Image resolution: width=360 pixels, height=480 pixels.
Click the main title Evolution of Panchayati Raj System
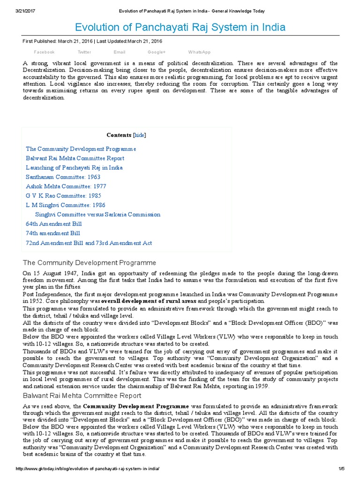tap(180, 27)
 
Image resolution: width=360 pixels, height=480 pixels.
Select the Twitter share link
tap(84, 52)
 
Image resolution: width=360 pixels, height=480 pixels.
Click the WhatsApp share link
tap(199, 52)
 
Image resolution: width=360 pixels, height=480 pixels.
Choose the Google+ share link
tap(157, 52)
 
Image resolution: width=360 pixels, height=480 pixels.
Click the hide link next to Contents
tap(140, 135)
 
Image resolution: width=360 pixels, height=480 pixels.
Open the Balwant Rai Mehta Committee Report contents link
tap(75, 158)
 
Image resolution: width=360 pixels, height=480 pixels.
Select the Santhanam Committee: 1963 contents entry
tap(63, 177)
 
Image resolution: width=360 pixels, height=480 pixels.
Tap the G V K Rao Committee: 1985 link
tap(63, 196)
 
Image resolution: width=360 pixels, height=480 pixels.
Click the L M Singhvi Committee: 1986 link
tap(66, 205)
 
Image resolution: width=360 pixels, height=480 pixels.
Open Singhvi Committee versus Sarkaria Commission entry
tap(97, 215)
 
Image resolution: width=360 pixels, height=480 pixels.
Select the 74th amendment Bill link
tap(53, 233)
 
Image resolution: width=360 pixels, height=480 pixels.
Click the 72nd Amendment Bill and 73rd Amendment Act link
tap(89, 243)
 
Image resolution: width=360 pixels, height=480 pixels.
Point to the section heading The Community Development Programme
tap(90, 262)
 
